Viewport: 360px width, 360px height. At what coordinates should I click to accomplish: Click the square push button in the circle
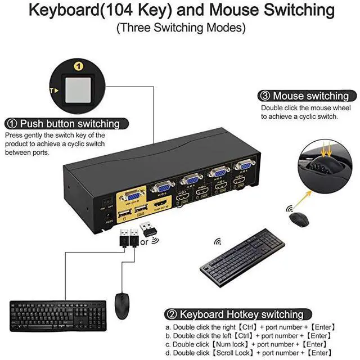79,88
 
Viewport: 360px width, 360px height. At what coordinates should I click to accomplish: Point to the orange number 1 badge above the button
79,66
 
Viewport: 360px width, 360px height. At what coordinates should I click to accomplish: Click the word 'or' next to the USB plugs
144,244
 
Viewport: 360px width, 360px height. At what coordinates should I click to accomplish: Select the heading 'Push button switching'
70,124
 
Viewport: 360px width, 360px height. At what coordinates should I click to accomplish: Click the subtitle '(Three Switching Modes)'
181,27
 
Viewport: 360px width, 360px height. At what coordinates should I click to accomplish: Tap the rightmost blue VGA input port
244,165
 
